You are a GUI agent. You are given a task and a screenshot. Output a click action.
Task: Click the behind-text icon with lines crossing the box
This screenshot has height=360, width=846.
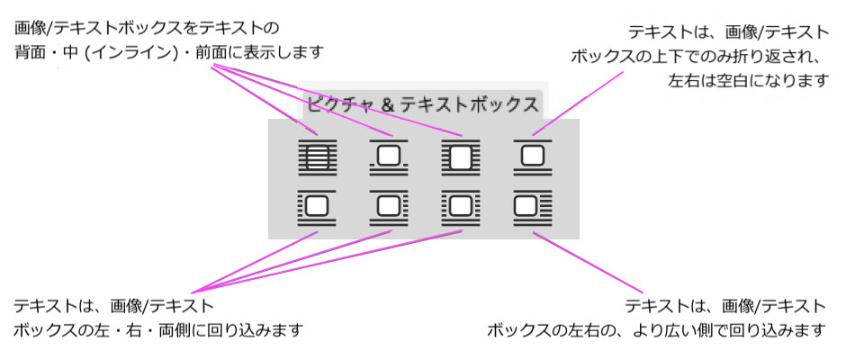point(317,157)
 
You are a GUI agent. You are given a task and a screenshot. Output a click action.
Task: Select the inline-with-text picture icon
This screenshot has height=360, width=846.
point(389,157)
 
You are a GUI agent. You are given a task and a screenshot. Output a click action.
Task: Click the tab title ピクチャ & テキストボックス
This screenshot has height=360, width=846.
point(423,103)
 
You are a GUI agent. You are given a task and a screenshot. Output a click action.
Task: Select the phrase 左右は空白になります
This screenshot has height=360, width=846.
point(747,81)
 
